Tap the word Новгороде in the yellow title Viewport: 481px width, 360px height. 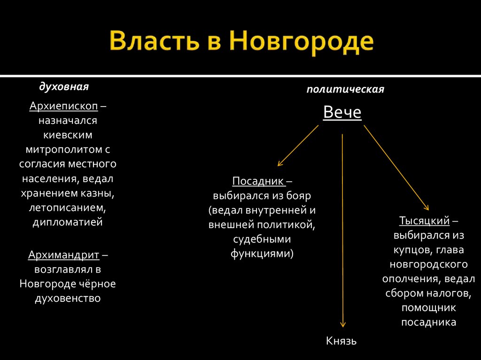click(302, 42)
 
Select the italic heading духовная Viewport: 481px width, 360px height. click(64, 87)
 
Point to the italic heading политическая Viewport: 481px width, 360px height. click(345, 89)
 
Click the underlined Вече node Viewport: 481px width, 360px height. click(342, 113)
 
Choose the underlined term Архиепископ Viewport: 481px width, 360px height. click(63, 106)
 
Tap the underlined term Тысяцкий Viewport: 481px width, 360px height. click(425, 220)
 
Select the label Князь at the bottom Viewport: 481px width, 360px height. click(341, 340)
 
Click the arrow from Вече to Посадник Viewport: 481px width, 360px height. click(298, 146)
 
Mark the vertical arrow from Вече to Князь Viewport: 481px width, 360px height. click(342, 230)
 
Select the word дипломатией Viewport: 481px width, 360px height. click(68, 222)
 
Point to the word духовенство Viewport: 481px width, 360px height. click(68, 299)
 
